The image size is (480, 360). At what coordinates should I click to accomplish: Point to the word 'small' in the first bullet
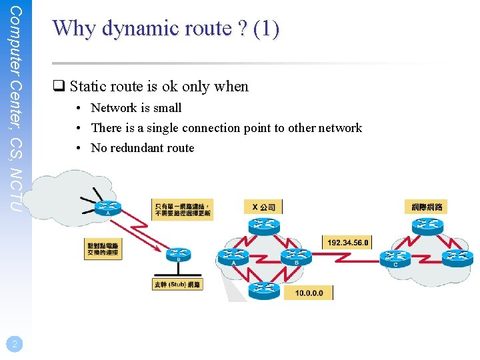pyautogui.click(x=167, y=108)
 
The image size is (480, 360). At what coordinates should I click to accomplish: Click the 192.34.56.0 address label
pyautogui.click(x=347, y=243)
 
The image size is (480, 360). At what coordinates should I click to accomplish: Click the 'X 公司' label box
pyautogui.click(x=263, y=207)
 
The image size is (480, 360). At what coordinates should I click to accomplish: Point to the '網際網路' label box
pyautogui.click(x=427, y=207)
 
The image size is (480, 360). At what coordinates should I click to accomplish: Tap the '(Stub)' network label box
pyautogui.click(x=177, y=285)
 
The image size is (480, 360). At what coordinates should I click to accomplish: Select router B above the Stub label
pyautogui.click(x=178, y=254)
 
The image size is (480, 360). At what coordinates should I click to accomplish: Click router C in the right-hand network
pyautogui.click(x=395, y=257)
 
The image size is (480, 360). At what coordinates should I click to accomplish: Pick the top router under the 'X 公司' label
pyautogui.click(x=265, y=225)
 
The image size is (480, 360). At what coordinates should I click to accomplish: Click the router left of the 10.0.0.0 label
pyautogui.click(x=265, y=289)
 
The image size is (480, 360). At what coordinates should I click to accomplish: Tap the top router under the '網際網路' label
pyautogui.click(x=427, y=225)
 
